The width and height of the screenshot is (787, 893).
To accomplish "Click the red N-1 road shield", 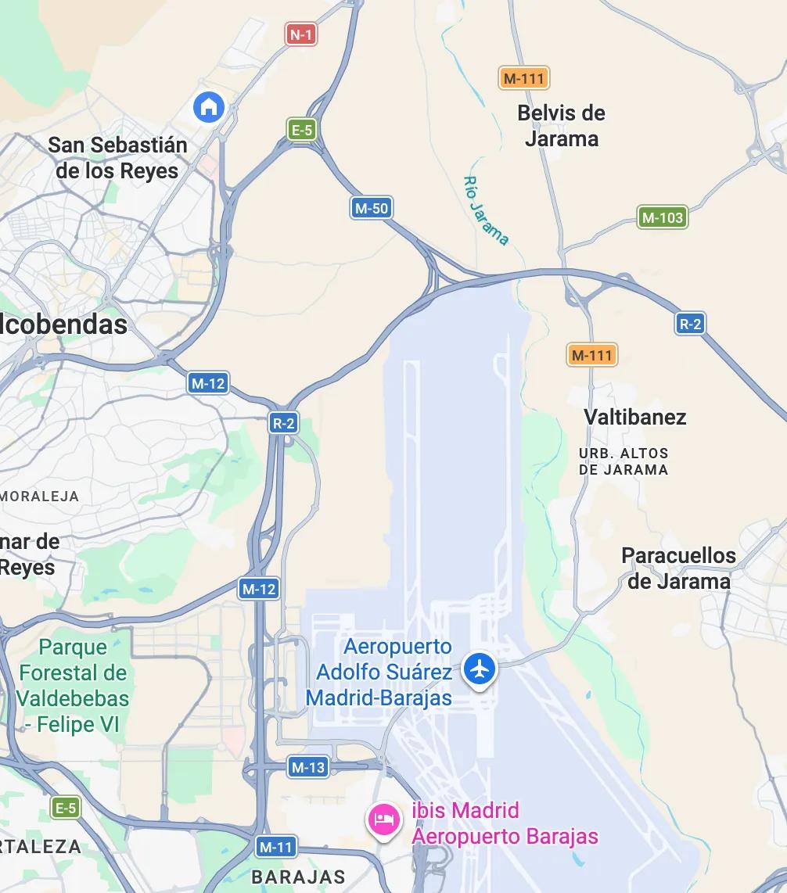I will [301, 34].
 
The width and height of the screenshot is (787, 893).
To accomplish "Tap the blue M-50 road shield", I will [371, 208].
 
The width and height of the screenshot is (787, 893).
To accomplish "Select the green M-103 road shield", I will [662, 217].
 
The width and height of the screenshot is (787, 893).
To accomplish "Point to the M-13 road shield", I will [307, 767].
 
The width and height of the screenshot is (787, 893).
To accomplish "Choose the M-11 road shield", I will [275, 846].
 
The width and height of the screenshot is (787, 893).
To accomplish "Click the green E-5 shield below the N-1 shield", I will [301, 130].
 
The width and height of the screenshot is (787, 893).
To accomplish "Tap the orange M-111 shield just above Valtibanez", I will [591, 355].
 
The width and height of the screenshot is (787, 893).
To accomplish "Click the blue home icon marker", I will [209, 107].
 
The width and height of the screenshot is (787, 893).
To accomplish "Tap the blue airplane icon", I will [479, 669].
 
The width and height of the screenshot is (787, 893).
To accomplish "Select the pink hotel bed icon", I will [384, 819].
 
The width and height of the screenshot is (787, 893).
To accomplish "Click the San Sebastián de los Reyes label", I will [117, 158].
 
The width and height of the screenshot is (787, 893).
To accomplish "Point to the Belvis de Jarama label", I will [561, 126].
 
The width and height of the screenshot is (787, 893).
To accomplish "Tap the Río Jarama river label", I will [486, 210].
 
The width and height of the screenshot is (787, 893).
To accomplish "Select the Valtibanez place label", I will [634, 417].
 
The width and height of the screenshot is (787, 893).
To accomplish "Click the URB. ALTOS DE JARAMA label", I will [623, 461].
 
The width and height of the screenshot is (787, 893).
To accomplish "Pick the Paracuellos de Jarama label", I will [678, 568].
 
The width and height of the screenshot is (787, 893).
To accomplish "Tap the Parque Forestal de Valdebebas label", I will [73, 686].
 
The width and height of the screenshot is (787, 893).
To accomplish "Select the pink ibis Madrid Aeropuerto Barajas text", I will [505, 823].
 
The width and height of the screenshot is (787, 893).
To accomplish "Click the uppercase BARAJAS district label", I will [298, 877].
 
